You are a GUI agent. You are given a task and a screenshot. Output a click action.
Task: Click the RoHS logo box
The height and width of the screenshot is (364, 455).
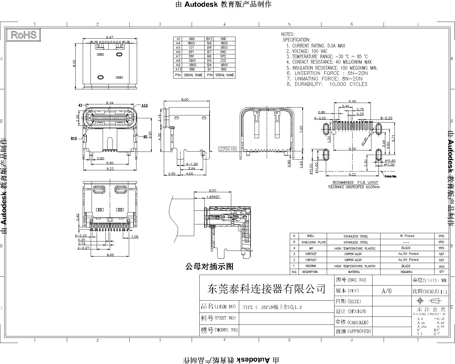[24, 35]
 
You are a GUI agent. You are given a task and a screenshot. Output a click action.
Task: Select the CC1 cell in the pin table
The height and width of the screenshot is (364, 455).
[192, 47]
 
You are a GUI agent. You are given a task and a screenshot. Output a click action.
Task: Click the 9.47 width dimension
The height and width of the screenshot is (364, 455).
[109, 37]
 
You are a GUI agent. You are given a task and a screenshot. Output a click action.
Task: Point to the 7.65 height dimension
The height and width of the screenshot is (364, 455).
[301, 129]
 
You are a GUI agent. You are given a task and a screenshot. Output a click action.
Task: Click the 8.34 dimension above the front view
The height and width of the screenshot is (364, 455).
[110, 103]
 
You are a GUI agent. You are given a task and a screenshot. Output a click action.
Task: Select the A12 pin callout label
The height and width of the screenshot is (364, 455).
[144, 106]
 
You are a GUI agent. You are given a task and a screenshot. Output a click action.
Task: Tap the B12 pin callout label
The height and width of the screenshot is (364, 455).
[74, 139]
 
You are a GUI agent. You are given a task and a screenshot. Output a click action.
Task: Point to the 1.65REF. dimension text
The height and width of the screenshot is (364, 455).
[214, 197]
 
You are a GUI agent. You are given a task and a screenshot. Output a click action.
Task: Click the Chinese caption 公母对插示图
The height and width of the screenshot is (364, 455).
[209, 266]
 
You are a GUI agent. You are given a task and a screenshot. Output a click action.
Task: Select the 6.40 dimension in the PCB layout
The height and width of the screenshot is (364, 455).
[352, 101]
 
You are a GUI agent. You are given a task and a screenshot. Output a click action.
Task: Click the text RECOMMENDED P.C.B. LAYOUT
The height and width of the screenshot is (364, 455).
[355, 183]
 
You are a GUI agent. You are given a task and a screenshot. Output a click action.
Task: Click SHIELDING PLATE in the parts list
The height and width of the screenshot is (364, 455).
[314, 242]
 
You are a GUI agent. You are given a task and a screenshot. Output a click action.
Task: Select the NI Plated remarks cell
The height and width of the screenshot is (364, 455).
[407, 236]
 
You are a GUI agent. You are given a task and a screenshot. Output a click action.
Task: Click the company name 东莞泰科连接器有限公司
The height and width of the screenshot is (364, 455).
[266, 289]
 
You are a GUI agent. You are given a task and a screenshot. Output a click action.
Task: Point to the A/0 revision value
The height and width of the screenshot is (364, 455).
[386, 291]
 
